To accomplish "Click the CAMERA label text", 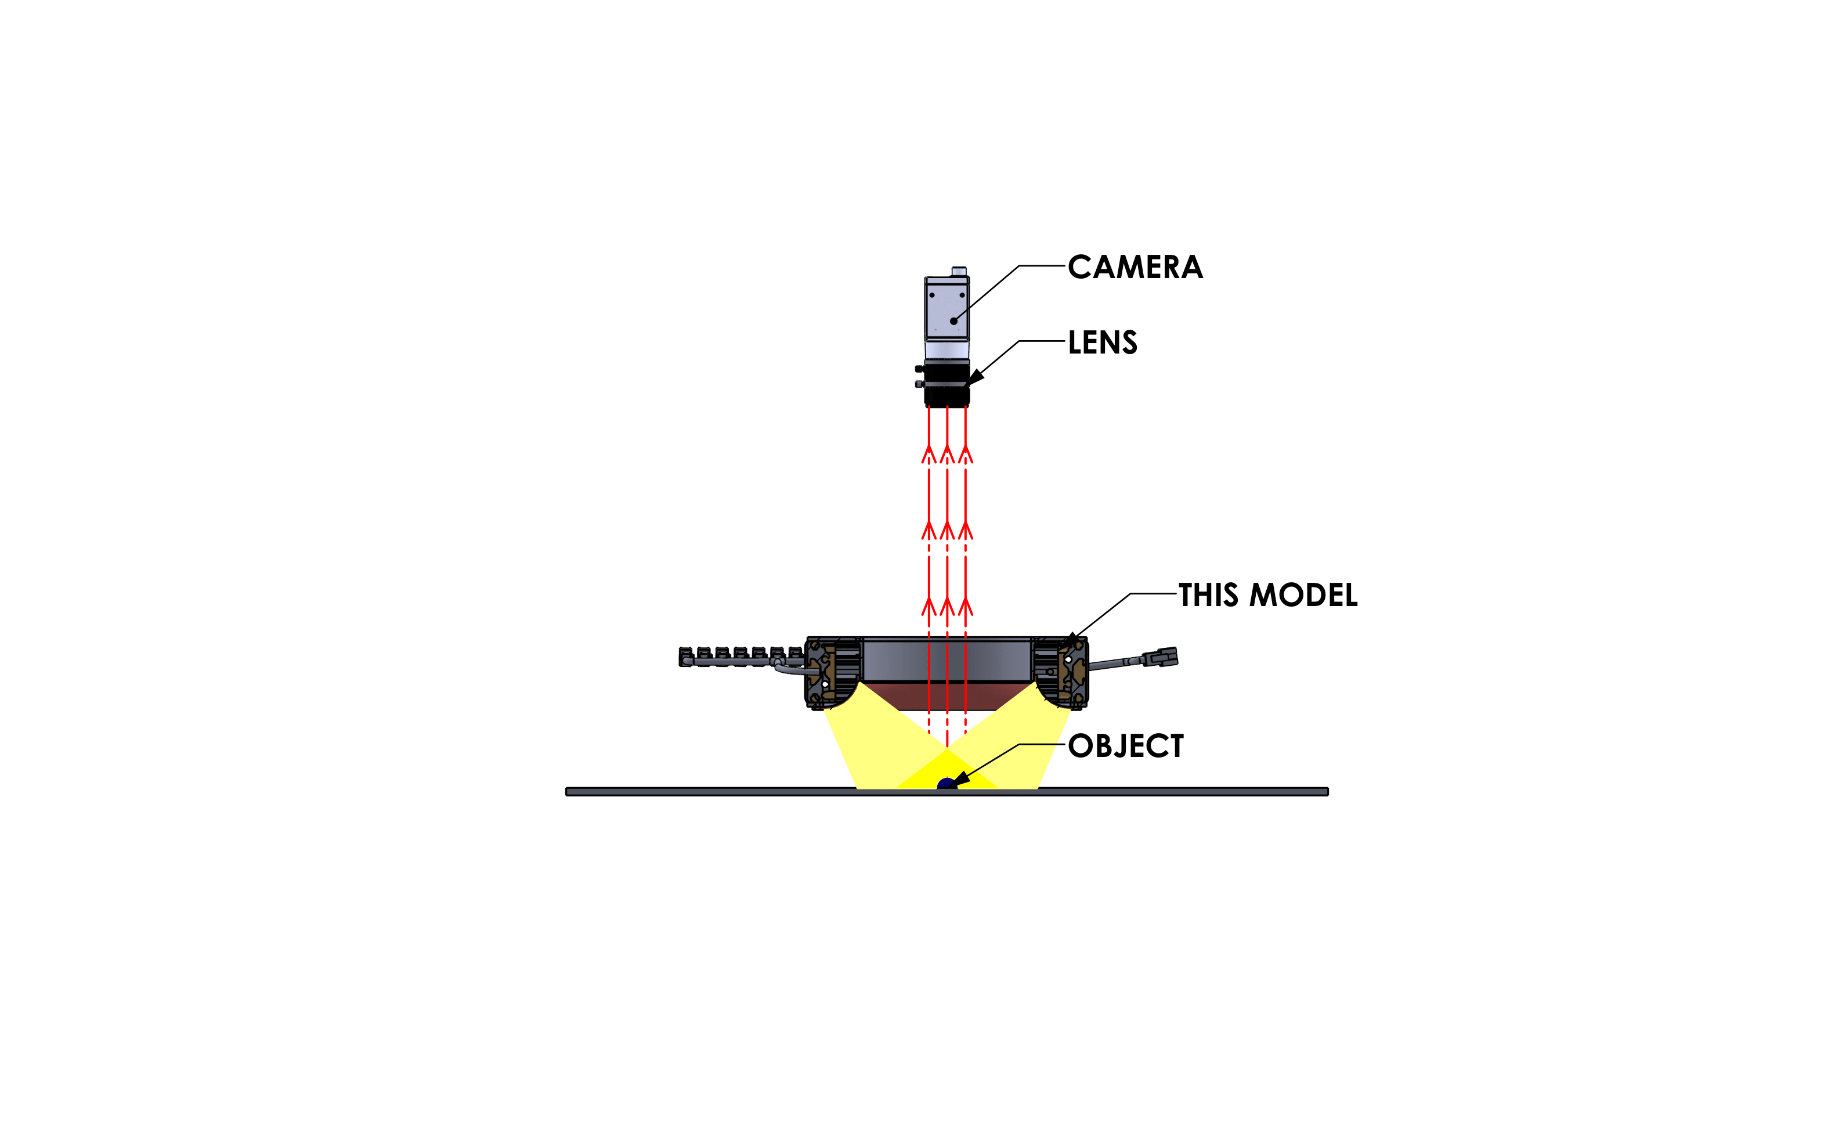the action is [1135, 267].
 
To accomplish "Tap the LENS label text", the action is [1103, 342].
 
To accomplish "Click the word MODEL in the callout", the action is [1303, 595].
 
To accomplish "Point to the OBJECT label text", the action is [1126, 746].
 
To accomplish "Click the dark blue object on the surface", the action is [946, 783].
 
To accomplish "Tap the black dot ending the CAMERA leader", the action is [953, 321].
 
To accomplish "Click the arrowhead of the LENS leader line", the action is [975, 377].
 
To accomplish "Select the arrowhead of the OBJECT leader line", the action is [961, 778].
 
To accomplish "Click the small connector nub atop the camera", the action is [959, 272].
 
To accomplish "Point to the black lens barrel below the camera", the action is [946, 384].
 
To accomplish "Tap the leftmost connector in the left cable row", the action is [686, 656].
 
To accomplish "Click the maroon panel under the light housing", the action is [947, 696].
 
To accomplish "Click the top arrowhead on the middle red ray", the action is [947, 453].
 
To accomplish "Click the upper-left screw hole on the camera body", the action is [932, 295].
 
